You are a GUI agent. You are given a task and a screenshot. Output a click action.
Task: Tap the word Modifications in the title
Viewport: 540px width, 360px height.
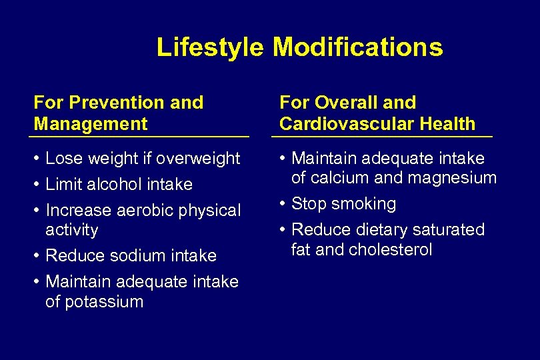357,47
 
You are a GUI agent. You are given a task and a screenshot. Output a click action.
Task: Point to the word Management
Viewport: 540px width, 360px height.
91,123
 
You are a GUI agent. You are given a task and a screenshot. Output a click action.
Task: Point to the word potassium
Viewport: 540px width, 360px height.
94,301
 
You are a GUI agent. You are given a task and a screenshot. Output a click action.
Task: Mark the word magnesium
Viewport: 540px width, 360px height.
458,178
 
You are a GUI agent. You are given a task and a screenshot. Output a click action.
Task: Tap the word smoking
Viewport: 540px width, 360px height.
363,204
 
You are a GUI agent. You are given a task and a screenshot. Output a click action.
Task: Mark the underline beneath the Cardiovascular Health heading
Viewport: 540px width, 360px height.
382,137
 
